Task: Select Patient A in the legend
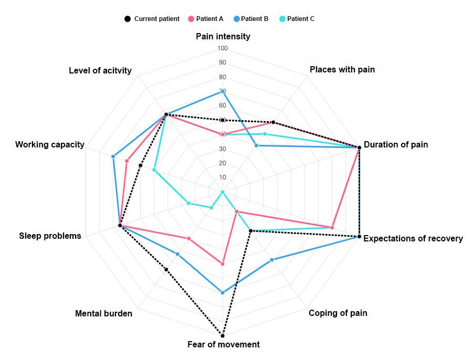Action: pos(205,19)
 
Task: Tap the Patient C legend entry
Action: pos(297,19)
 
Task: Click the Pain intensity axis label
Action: pos(223,37)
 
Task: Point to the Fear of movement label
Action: pos(223,345)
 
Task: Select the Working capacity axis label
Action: pos(50,145)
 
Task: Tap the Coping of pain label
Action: pos(338,313)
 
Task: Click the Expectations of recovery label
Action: pos(413,239)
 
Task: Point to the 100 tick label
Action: pos(223,49)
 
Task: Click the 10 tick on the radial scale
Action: pos(223,177)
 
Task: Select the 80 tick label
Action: pos(223,77)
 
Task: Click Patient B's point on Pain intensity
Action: pos(223,92)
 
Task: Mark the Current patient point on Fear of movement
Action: pos(223,335)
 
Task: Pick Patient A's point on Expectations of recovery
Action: pos(332,227)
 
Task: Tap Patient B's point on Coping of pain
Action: pos(272,260)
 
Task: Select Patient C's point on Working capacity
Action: pos(154,170)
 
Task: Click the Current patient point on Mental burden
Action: pos(166,270)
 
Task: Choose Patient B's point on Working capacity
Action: pos(113,157)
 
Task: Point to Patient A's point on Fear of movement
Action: pos(223,264)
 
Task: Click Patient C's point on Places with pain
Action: pos(265,134)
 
